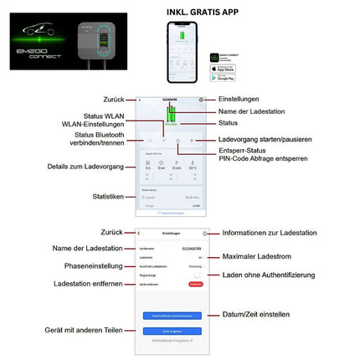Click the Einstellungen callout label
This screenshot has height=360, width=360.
point(239,98)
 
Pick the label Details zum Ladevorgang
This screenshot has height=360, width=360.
point(84,167)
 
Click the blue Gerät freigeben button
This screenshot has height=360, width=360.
point(172,330)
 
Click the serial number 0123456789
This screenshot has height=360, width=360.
point(192,248)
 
